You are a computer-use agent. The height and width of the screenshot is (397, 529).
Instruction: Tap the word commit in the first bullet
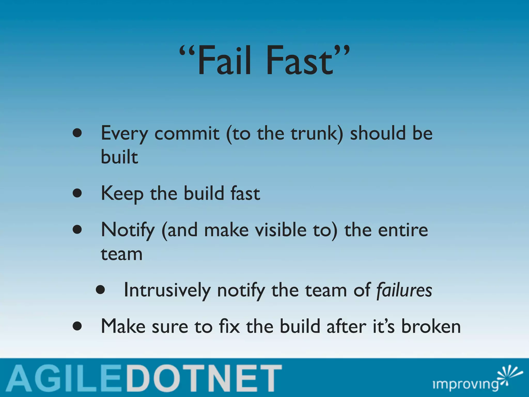point(187,133)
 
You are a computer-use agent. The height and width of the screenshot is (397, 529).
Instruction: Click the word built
point(119,157)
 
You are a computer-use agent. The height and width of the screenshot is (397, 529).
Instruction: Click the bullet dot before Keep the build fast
point(77,193)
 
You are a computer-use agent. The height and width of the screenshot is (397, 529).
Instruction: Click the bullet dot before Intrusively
point(100,290)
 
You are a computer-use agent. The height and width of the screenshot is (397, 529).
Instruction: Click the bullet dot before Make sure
point(77,326)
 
